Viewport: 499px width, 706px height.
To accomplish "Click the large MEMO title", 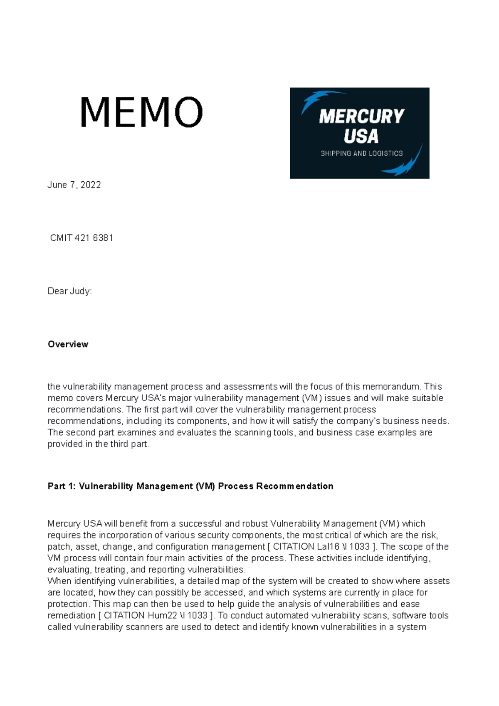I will pos(141,112).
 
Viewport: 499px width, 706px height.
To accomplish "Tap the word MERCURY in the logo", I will pos(361,116).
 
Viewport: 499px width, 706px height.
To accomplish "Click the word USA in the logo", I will pos(361,136).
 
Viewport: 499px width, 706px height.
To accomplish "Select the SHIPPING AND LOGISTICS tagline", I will pos(361,153).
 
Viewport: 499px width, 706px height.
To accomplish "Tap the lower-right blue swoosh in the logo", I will pos(405,164).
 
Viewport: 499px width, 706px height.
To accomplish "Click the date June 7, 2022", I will pos(74,185).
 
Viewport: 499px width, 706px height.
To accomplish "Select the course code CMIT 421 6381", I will pos(82,238).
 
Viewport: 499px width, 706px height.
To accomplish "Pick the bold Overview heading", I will pos(68,344).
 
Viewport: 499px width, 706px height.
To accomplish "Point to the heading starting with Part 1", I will pos(190,486).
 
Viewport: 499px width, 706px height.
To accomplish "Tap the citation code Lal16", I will pos(328,546).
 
